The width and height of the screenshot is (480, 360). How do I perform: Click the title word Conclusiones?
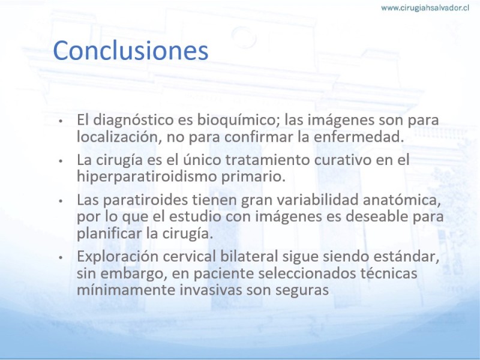131,50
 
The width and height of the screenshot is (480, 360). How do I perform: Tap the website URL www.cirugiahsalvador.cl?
425,8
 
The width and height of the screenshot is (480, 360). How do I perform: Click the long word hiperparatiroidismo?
146,176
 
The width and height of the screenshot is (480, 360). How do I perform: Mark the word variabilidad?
317,200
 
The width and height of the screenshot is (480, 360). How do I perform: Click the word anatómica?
401,200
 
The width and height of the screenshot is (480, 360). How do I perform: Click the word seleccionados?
307,273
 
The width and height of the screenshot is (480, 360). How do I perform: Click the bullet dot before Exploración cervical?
61,257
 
